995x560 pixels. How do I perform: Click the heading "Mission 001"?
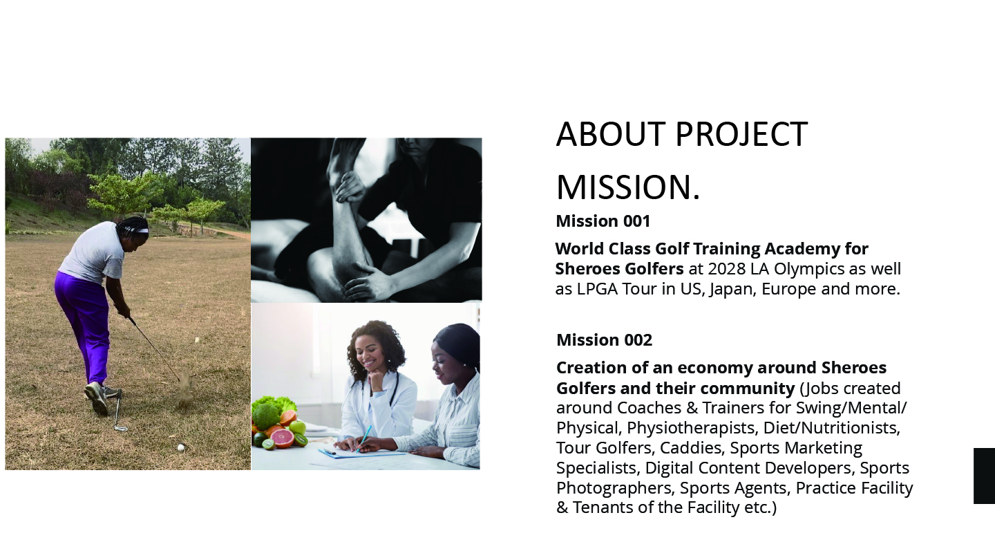[603, 221]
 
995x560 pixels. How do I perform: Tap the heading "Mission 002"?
[604, 340]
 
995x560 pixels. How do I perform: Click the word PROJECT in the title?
[741, 134]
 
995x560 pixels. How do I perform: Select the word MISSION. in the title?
[628, 187]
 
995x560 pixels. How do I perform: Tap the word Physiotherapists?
[691, 428]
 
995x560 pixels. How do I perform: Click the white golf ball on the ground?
[181, 447]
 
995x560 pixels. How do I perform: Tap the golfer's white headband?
[138, 230]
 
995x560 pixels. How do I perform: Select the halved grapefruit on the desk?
[283, 438]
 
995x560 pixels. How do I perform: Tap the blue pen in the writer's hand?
[365, 438]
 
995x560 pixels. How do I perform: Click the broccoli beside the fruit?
[265, 416]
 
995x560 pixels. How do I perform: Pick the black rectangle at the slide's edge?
[985, 476]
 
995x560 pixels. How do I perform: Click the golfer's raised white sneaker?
[97, 399]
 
